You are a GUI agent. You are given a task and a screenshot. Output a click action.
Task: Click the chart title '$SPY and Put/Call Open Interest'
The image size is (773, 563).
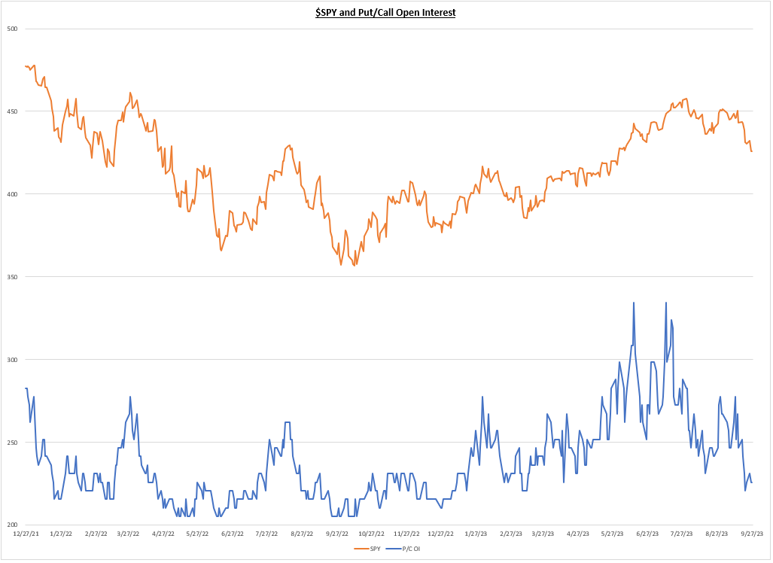[385, 12]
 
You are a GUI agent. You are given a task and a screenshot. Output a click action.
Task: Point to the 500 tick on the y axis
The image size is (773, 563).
[12, 29]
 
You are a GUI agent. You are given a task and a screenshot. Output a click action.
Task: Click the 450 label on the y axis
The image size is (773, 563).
[12, 111]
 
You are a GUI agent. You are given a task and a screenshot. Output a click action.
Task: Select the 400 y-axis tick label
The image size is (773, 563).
[12, 194]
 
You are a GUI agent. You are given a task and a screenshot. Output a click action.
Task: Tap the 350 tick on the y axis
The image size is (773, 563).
[12, 277]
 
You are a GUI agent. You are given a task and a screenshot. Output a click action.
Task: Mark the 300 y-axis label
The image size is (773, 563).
[12, 360]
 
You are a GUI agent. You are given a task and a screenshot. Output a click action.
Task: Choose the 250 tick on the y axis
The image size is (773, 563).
[12, 443]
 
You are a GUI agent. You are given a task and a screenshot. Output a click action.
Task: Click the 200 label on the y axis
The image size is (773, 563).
[12, 525]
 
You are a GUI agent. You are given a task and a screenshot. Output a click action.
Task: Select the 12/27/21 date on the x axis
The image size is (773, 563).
[26, 534]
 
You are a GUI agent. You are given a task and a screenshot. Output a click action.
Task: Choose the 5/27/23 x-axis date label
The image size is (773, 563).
[613, 534]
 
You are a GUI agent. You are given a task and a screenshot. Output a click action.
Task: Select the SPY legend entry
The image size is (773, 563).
[369, 549]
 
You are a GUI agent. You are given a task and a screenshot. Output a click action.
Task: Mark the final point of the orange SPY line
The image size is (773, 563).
[751, 151]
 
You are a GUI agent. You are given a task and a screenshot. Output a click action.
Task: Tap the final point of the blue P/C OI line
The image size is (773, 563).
[751, 482]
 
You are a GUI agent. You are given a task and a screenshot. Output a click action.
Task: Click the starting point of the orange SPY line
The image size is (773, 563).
[26, 66]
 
